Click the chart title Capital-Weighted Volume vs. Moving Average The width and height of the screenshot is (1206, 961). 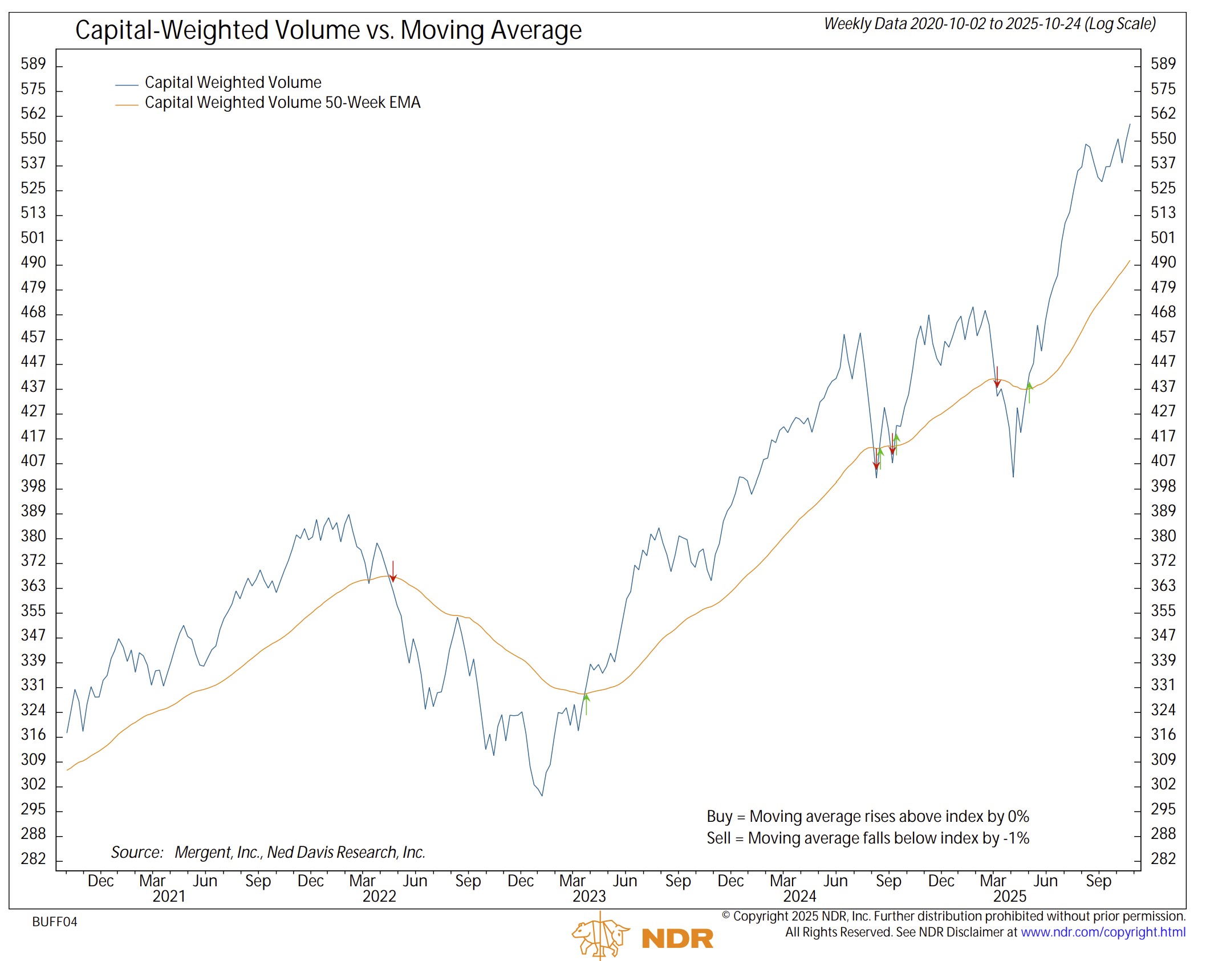click(328, 30)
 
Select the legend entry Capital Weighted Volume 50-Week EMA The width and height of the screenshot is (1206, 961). click(282, 103)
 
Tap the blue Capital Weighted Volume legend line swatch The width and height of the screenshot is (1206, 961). click(127, 85)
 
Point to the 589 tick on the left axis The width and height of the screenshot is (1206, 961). click(33, 64)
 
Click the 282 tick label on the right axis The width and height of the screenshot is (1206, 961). click(1163, 858)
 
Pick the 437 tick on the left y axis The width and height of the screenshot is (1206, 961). click(33, 387)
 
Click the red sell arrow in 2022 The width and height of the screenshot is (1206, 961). click(393, 572)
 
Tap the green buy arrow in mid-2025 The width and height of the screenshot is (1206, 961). click(1029, 392)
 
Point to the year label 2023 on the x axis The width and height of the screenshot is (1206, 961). click(589, 896)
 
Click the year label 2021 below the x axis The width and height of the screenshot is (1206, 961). click(169, 896)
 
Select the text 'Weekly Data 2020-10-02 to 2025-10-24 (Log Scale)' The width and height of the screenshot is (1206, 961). click(989, 24)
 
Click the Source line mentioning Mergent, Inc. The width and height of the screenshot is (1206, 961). click(268, 852)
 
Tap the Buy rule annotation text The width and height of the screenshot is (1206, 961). click(867, 816)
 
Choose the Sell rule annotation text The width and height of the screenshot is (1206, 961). click(867, 838)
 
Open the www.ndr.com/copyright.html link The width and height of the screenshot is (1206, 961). click(1103, 932)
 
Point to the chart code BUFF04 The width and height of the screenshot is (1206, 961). click(55, 922)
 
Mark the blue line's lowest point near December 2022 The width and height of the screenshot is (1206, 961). click(542, 795)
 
